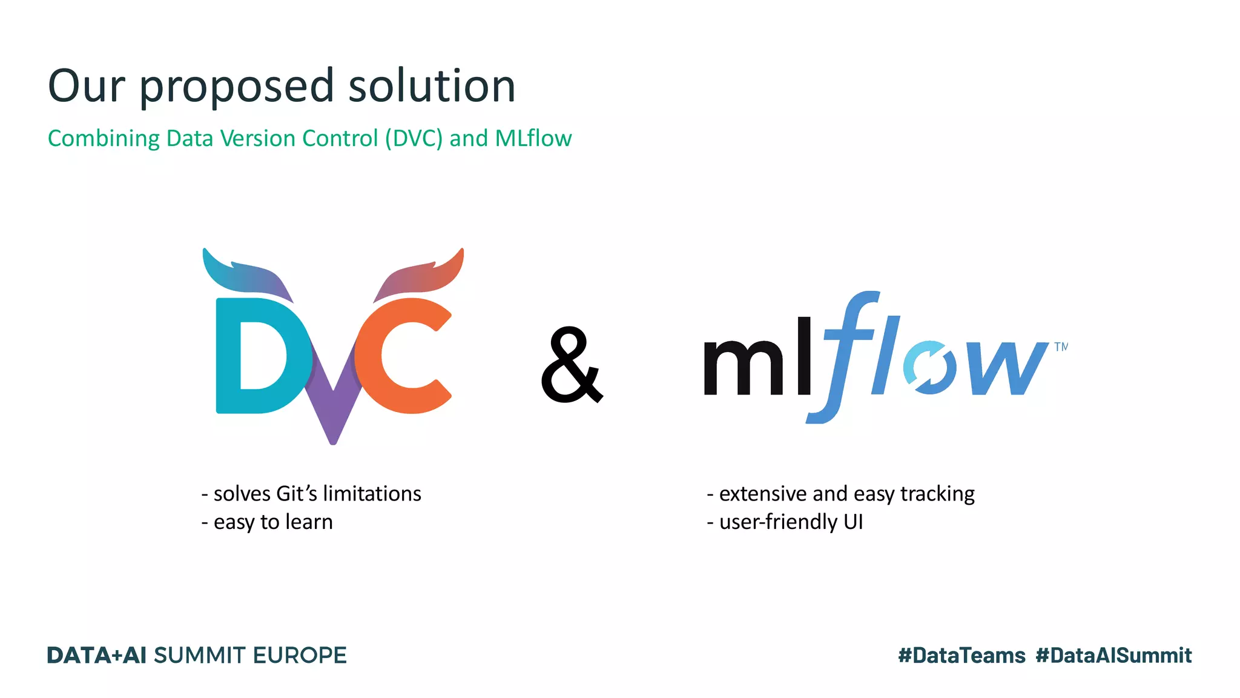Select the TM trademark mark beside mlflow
pyautogui.click(x=1060, y=347)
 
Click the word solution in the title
pyautogui.click(x=432, y=85)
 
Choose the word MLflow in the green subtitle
pyautogui.click(x=533, y=138)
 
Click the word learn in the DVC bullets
pyautogui.click(x=309, y=522)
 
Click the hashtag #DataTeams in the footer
pyautogui.click(x=961, y=656)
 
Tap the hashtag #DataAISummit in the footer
pyautogui.click(x=1113, y=656)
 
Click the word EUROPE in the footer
pyautogui.click(x=299, y=656)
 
